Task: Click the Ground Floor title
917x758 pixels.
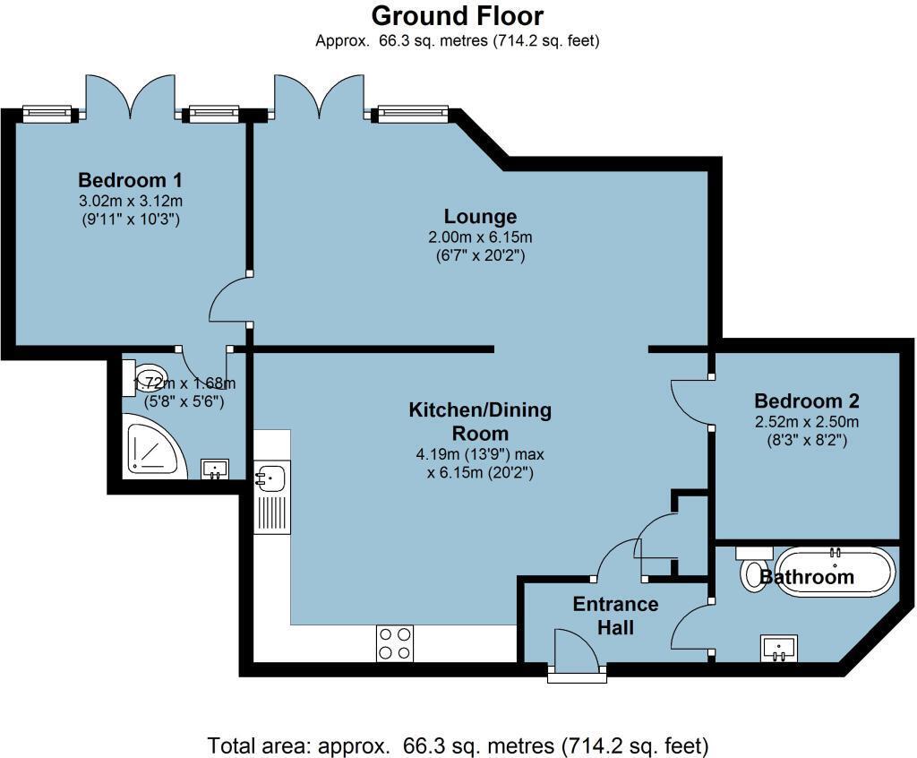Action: [x=458, y=16]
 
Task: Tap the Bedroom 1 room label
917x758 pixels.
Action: [x=131, y=179]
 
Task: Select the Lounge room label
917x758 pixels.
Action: [x=480, y=217]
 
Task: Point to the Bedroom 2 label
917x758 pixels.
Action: [x=807, y=401]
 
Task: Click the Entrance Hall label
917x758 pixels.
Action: [x=615, y=616]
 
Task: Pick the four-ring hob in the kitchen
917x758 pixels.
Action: [x=395, y=643]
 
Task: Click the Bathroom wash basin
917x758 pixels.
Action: [x=780, y=649]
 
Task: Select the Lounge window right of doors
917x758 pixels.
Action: [x=413, y=114]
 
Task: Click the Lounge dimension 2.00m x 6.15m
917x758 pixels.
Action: [x=480, y=237]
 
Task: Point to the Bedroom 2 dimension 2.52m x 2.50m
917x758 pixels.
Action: [x=807, y=421]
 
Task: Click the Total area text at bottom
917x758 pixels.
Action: [x=458, y=745]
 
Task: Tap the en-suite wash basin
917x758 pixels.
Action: [x=215, y=469]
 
